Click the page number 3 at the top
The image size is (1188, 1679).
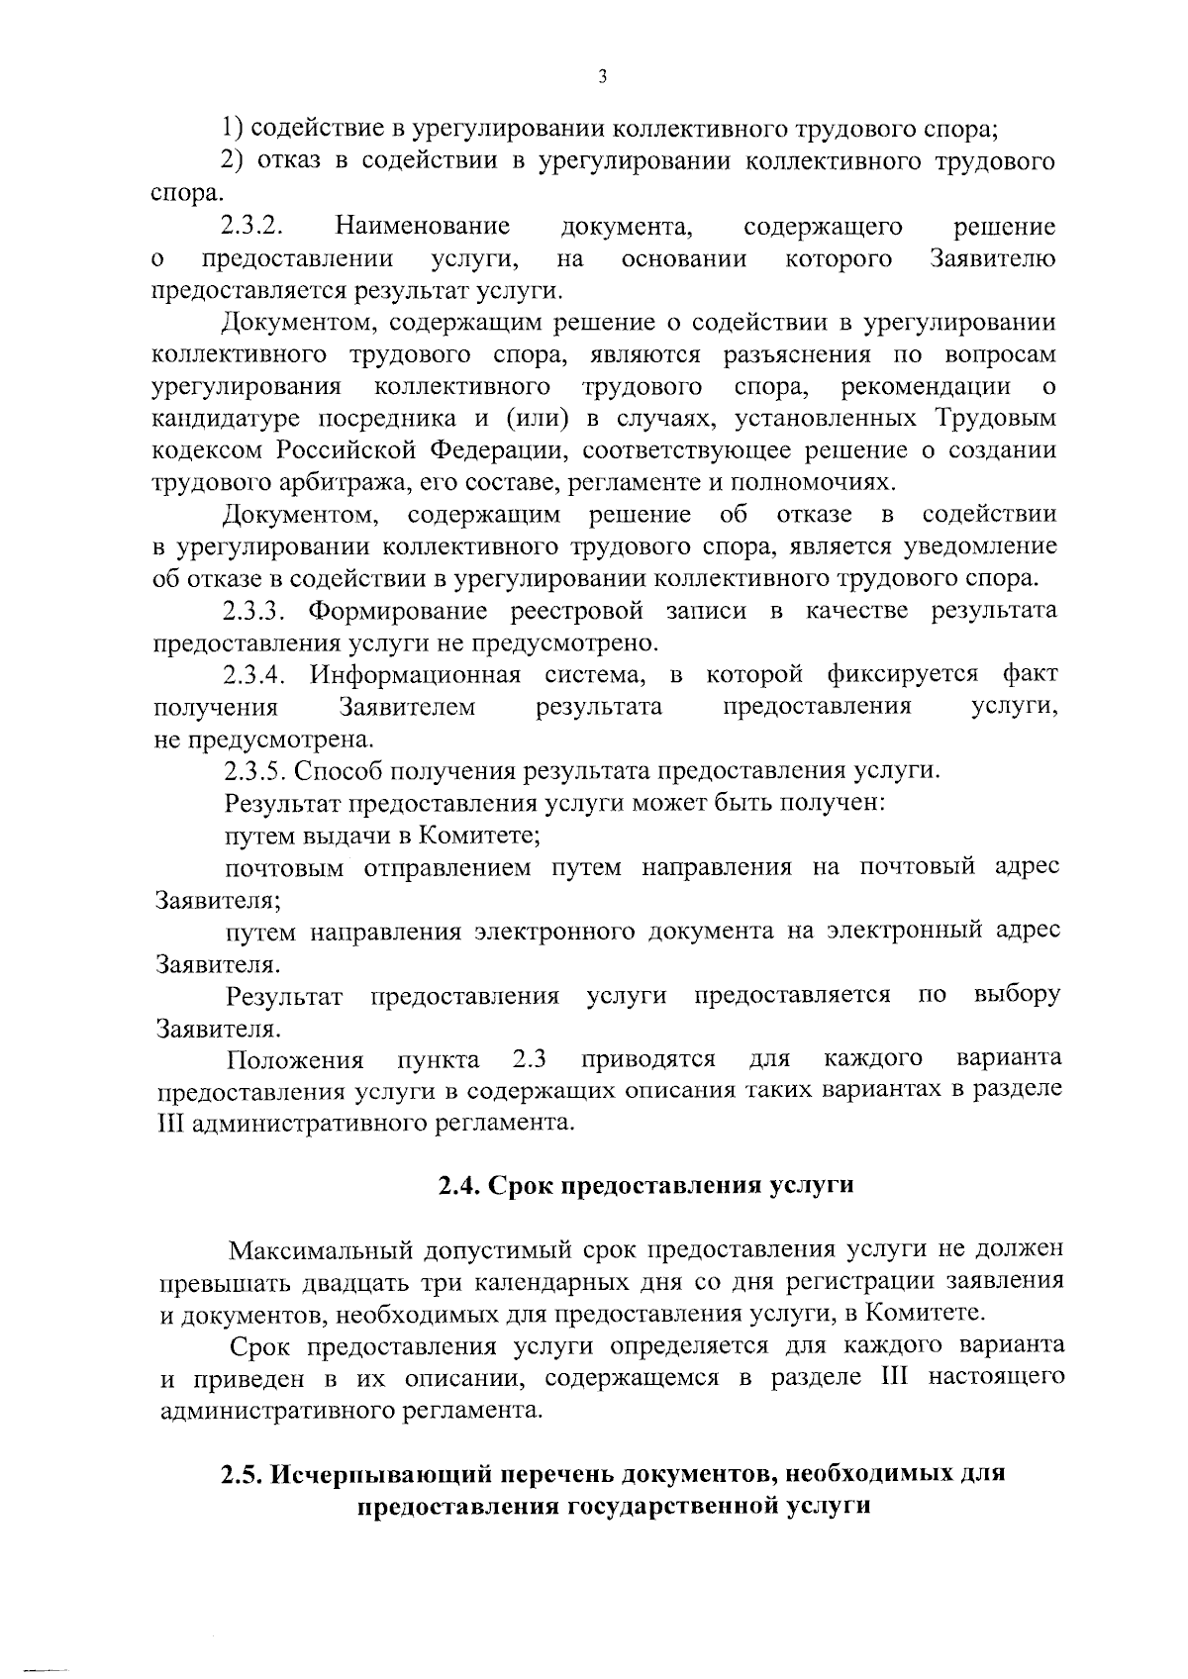tap(602, 78)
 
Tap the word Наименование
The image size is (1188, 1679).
tap(423, 227)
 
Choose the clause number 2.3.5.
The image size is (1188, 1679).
tap(256, 771)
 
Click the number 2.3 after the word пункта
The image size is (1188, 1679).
tap(531, 1059)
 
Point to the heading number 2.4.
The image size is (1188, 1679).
tap(459, 1186)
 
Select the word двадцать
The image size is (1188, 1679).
tap(358, 1282)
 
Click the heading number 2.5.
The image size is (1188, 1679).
tap(242, 1474)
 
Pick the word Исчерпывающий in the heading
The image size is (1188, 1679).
tap(375, 1474)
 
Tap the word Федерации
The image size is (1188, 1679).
tap(499, 450)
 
